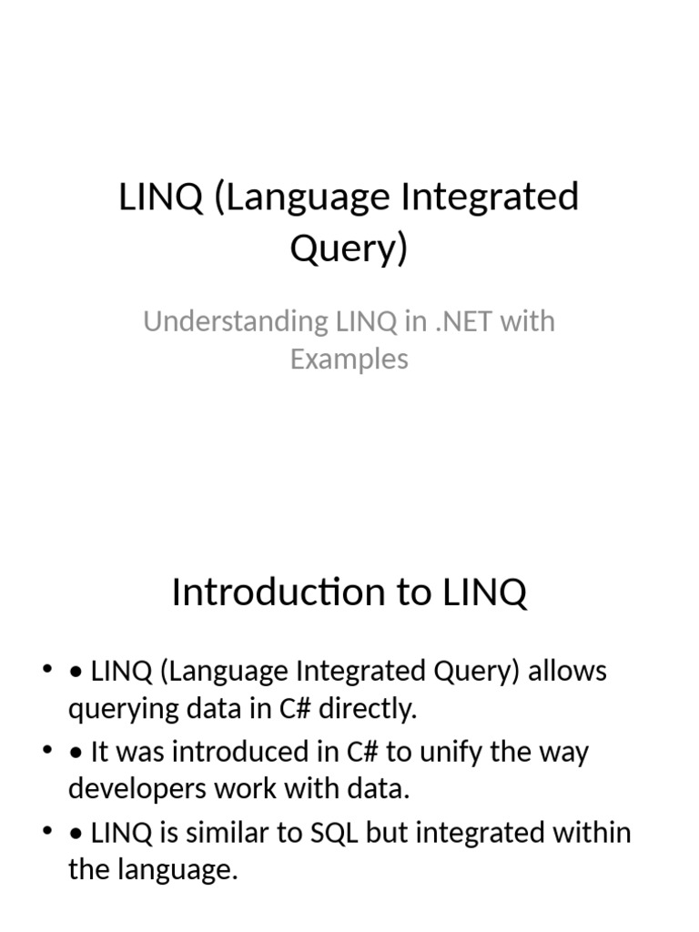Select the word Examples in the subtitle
tap(349, 359)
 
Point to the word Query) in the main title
tap(349, 248)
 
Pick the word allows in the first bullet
tap(568, 672)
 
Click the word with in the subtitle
tap(528, 321)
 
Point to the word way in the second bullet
tap(564, 753)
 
